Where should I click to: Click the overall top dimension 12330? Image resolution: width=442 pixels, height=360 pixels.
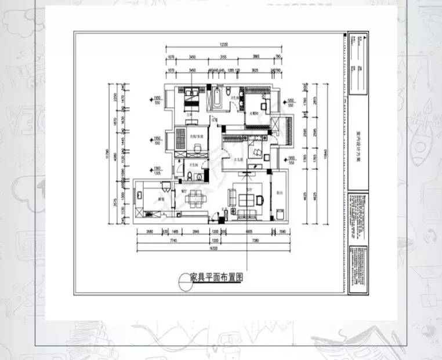tap(223, 44)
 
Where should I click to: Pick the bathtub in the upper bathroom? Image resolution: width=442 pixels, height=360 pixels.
tap(218, 99)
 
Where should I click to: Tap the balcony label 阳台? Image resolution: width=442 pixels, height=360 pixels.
tap(280, 192)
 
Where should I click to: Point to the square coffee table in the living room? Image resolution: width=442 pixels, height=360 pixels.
tap(245, 199)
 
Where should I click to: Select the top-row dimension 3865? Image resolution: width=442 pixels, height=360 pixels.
tap(256, 56)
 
